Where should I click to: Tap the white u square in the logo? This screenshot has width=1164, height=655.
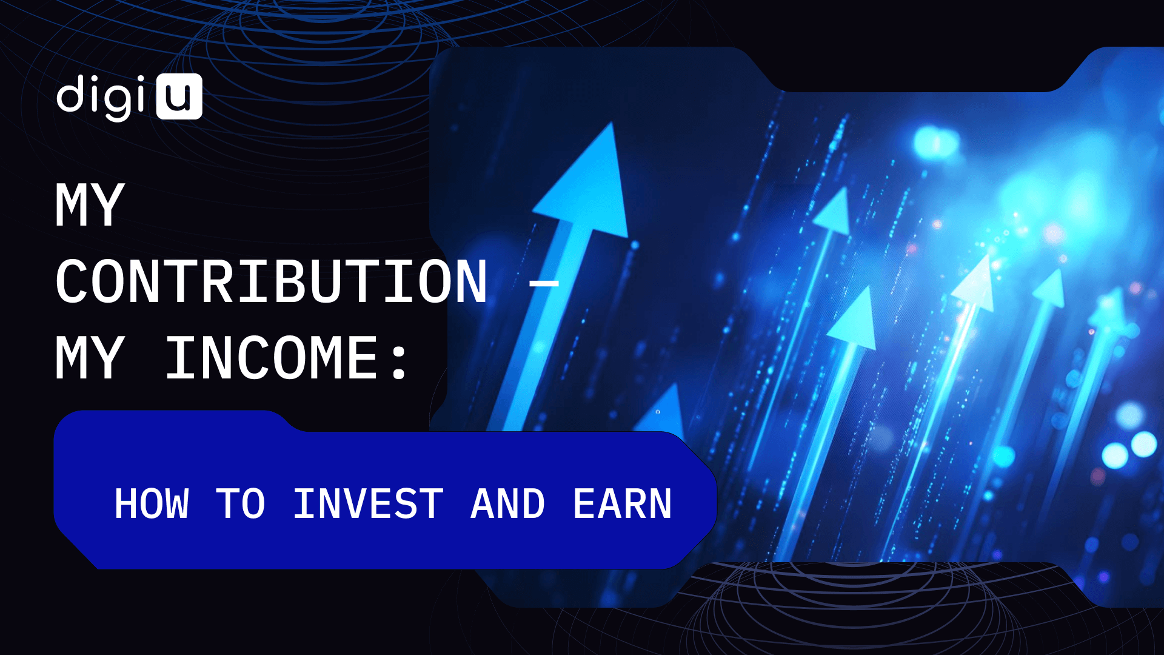(x=179, y=96)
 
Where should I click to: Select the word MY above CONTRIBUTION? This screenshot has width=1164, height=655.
(x=90, y=205)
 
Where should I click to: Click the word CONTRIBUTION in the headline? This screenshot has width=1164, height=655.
(x=272, y=281)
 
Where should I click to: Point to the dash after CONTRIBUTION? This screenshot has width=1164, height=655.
(x=544, y=283)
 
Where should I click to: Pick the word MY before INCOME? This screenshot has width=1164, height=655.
(x=90, y=358)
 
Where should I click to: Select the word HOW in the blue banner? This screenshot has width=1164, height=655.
(x=152, y=504)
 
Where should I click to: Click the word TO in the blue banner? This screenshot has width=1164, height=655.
(x=241, y=504)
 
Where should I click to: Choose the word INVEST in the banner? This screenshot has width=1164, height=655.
(x=368, y=504)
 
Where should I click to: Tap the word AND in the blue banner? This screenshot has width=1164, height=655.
(x=508, y=504)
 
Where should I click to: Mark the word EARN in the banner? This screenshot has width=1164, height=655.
(x=623, y=504)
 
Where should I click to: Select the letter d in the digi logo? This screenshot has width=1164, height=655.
(x=70, y=94)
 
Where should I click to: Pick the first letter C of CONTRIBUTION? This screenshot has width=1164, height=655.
(x=72, y=281)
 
